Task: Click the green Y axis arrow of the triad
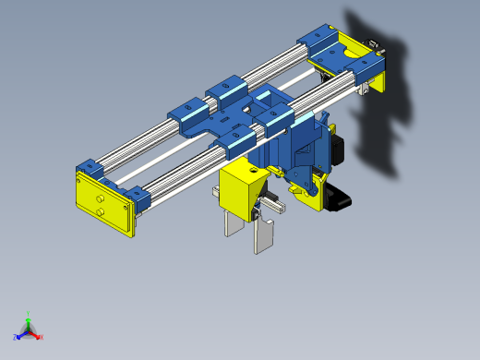[28, 317]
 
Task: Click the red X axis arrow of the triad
[38, 336]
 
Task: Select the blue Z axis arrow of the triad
[18, 337]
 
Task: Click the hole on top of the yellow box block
[251, 170]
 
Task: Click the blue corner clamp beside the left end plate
[138, 197]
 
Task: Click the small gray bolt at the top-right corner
[375, 43]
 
